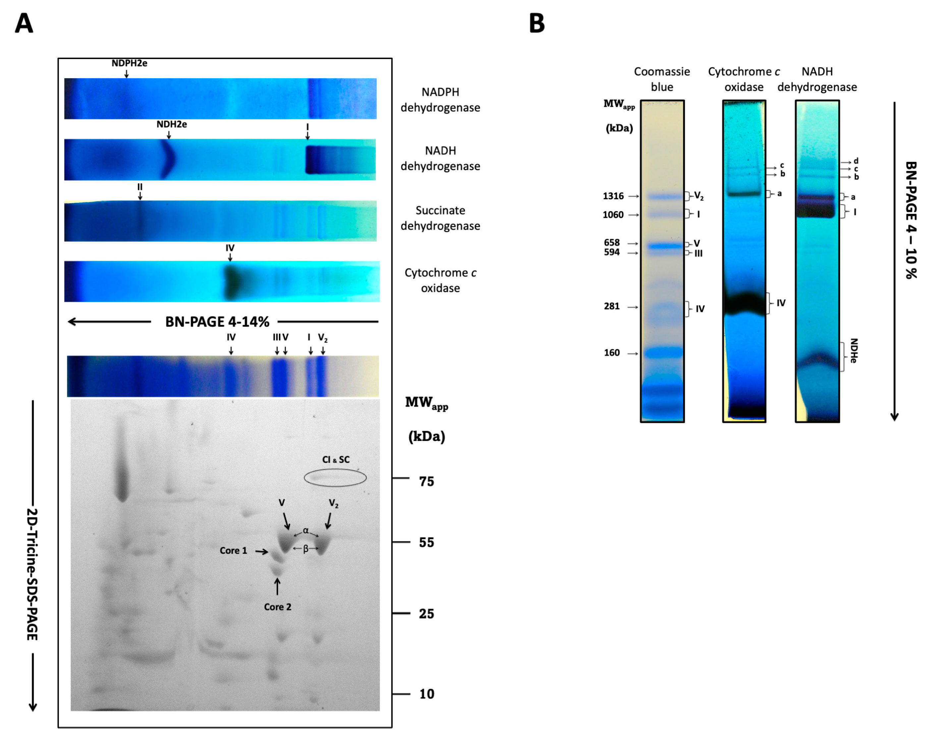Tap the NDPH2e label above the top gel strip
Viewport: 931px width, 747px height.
pyautogui.click(x=129, y=63)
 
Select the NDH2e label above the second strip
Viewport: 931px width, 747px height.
pyautogui.click(x=171, y=124)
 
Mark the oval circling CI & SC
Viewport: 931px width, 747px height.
pyautogui.click(x=335, y=478)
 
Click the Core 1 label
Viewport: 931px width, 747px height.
pyautogui.click(x=233, y=550)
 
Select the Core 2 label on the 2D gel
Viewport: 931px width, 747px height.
pyautogui.click(x=278, y=607)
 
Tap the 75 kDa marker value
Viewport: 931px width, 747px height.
pyautogui.click(x=426, y=481)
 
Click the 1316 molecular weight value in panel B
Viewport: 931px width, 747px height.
pyautogui.click(x=613, y=196)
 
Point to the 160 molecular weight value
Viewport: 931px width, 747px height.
pyautogui.click(x=612, y=353)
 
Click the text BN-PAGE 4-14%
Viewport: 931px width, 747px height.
pyautogui.click(x=217, y=322)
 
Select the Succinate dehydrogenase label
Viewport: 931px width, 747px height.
pyautogui.click(x=440, y=218)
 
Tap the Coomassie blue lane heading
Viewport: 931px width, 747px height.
pyautogui.click(x=662, y=79)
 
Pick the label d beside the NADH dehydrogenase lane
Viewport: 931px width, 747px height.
pyautogui.click(x=856, y=161)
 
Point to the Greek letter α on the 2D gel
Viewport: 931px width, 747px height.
pyautogui.click(x=306, y=530)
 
